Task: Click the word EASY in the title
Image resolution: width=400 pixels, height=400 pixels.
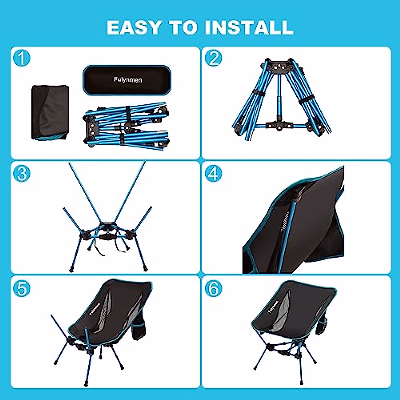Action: click(134, 28)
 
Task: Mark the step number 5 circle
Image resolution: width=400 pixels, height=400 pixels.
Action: click(22, 288)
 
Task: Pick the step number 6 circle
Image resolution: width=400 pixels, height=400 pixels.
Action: click(213, 288)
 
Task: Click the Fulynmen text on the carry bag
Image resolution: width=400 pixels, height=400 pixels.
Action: click(127, 80)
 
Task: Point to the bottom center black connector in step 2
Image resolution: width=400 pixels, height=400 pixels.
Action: click(277, 126)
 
